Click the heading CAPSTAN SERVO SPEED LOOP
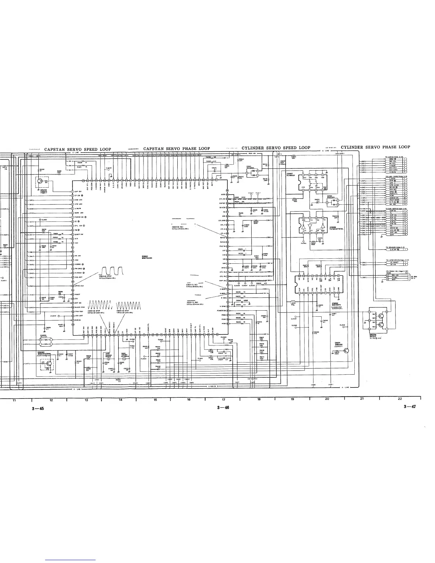[x=77, y=149]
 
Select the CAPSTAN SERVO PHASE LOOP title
[x=176, y=149]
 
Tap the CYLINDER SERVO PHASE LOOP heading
[x=375, y=147]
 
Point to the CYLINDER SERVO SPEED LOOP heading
[x=276, y=148]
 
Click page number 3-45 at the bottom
[x=37, y=409]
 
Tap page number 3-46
[x=223, y=408]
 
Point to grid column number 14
[x=120, y=400]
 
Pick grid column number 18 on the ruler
[x=258, y=400]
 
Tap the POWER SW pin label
[x=222, y=311]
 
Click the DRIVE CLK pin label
[x=79, y=286]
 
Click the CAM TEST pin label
[x=79, y=311]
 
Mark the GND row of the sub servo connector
[x=393, y=234]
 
